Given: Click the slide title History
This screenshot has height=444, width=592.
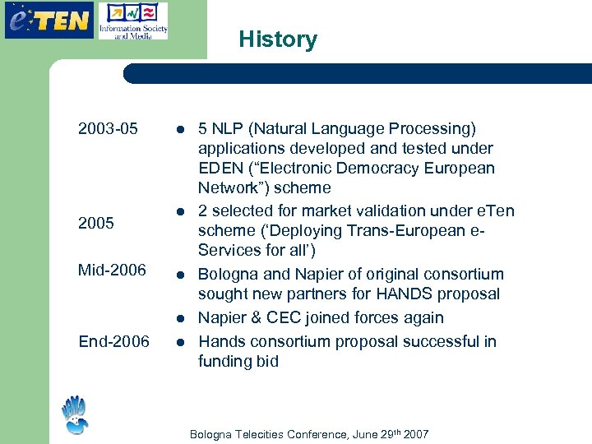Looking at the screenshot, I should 278,39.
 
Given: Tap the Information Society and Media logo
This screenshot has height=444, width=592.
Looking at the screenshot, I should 132,21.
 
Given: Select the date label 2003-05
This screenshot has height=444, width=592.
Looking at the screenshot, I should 108,129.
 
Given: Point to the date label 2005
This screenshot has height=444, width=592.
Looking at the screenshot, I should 96,223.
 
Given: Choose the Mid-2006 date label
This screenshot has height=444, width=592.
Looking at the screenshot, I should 112,270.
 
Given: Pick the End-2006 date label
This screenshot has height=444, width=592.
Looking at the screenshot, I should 113,341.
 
